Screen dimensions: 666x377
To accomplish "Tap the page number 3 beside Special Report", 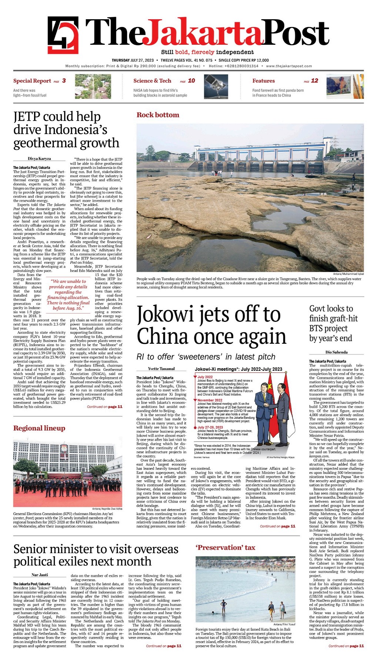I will click(x=64, y=81).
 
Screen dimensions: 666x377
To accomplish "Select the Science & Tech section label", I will click(x=152, y=81).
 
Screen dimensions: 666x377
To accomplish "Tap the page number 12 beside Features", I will click(x=314, y=81).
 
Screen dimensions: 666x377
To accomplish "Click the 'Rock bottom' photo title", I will click(x=158, y=115).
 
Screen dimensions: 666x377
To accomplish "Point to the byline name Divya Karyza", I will click(x=39, y=159).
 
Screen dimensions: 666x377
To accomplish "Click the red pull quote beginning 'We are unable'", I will click(x=68, y=295).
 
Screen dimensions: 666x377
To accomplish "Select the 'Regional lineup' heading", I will click(x=39, y=428).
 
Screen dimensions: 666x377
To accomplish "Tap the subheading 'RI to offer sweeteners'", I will click(x=206, y=357).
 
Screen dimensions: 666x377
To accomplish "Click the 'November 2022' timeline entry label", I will click(x=210, y=400).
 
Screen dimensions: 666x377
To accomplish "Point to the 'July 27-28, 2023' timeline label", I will click(x=210, y=427).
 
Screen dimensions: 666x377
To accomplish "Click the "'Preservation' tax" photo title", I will click(x=225, y=548).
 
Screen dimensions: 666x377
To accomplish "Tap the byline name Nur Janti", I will click(x=40, y=575).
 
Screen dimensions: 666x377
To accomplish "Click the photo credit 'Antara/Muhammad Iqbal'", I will click(x=348, y=274).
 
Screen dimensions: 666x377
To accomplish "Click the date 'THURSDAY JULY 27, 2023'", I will click(x=133, y=60).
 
